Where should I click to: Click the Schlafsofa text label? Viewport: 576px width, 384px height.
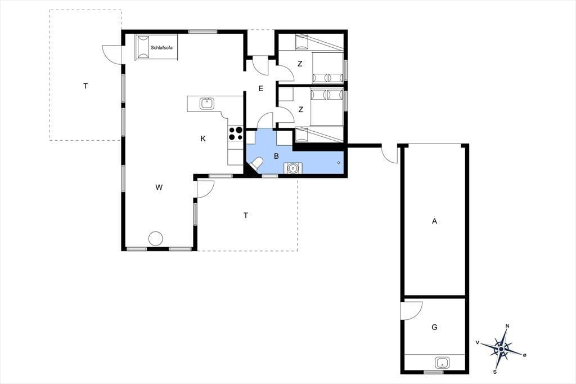point(161,48)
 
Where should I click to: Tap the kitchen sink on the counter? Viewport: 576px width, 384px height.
point(207,104)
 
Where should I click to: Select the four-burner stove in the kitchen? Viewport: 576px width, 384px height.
point(236,133)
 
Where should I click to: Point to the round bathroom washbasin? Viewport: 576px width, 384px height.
point(292,168)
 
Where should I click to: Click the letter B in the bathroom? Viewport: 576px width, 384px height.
point(276,157)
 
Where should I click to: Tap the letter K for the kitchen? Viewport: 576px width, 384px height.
point(203,139)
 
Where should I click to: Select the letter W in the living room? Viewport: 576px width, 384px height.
point(159,187)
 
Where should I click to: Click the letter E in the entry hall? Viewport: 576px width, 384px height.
point(261,88)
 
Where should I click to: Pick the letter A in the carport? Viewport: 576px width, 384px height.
point(435,221)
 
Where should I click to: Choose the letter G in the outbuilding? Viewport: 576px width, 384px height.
point(435,327)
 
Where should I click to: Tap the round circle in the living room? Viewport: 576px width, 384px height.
point(155,238)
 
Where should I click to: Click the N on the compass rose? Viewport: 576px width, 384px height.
point(507,326)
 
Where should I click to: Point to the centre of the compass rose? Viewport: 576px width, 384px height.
point(501,348)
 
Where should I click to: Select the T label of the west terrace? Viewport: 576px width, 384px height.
point(85,86)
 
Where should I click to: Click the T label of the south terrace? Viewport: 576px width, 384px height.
point(246,215)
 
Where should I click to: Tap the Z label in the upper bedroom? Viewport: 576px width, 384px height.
point(300,64)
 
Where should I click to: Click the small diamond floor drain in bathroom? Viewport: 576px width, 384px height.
point(338,163)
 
